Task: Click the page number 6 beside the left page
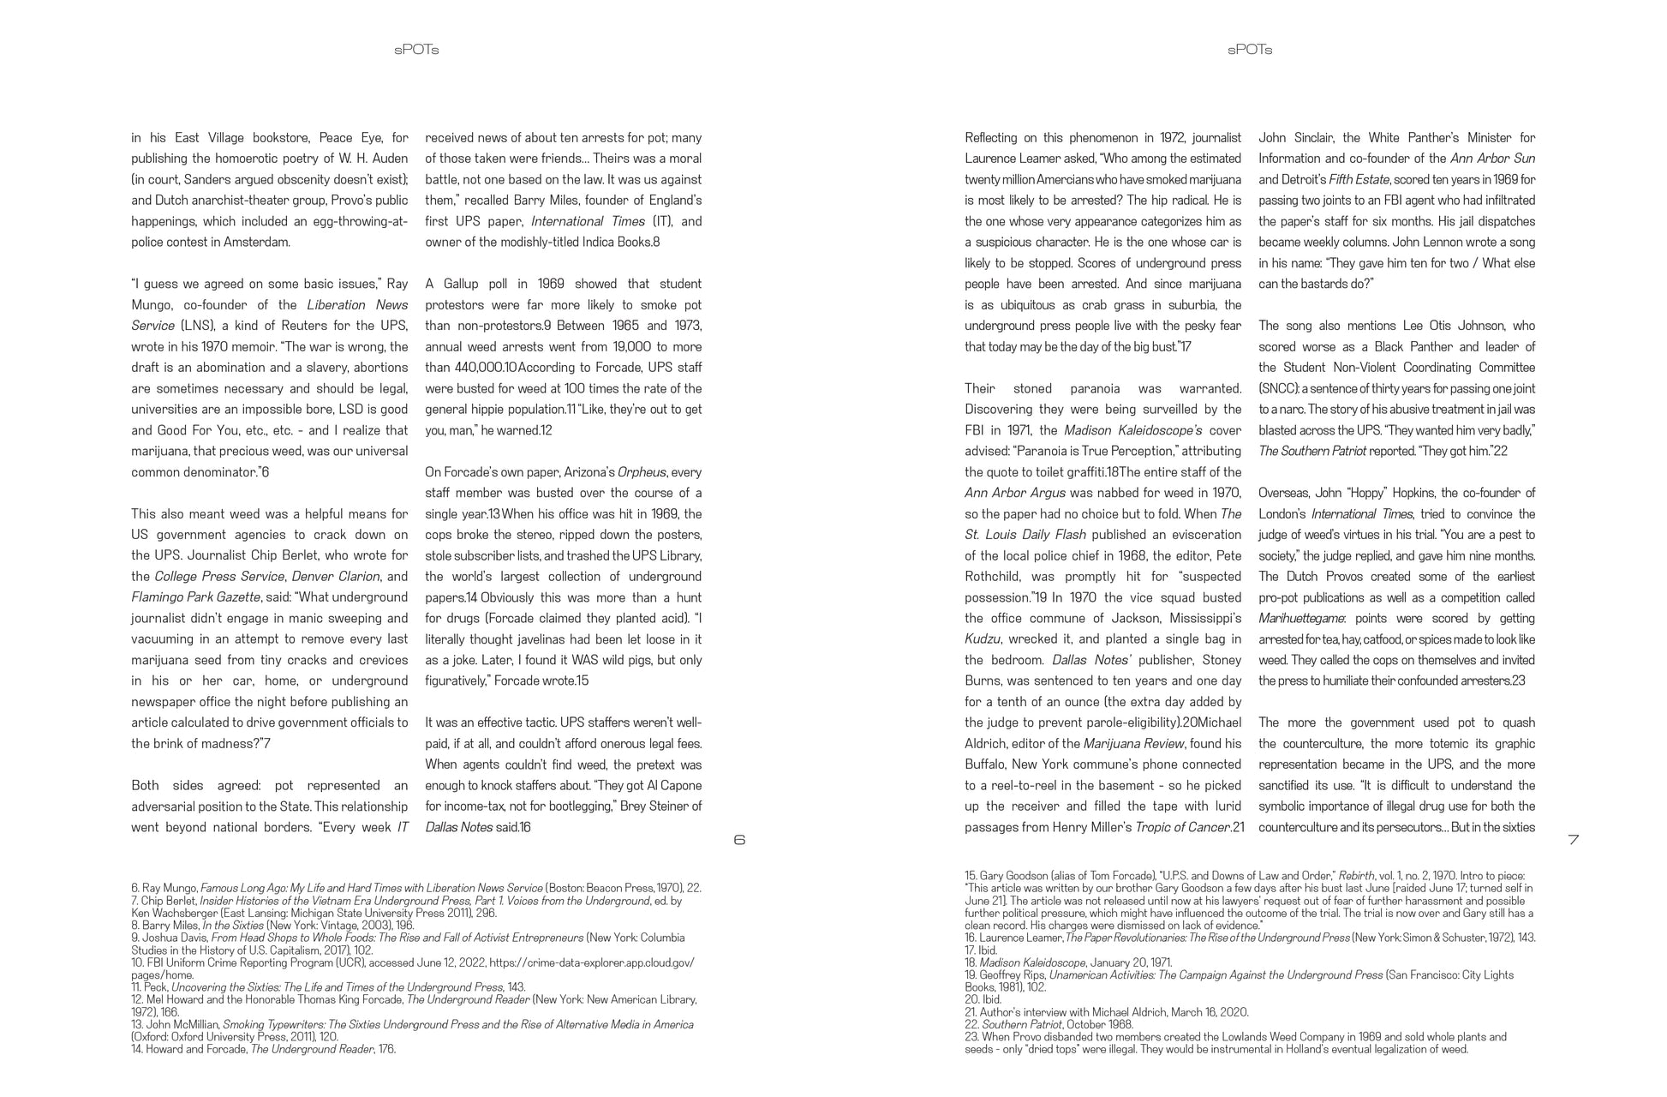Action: [739, 840]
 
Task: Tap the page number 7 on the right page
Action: [1573, 840]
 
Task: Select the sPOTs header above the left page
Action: [416, 50]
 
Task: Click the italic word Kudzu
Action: [983, 639]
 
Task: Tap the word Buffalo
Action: [985, 764]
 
